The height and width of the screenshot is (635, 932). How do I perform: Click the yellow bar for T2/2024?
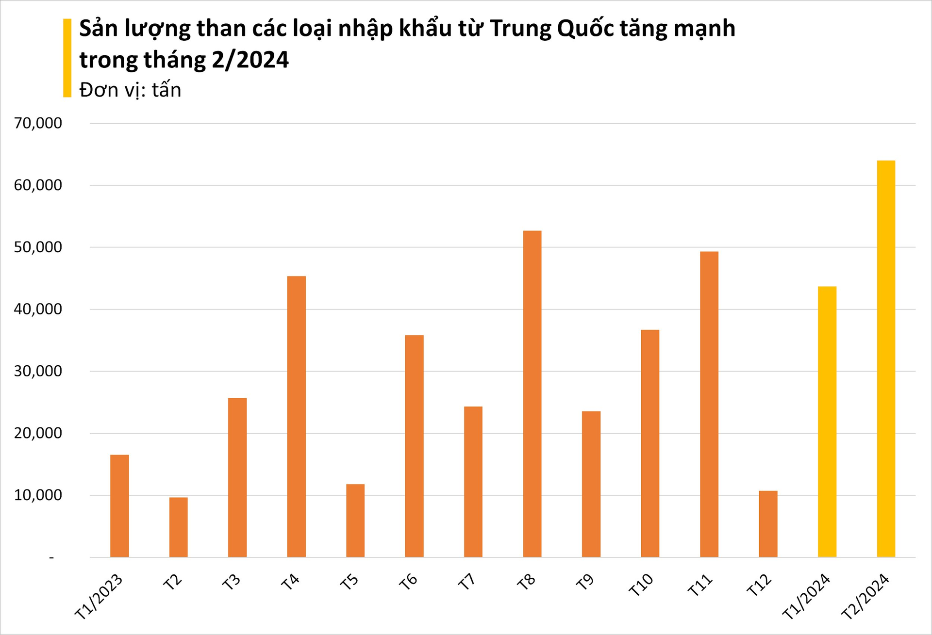[x=886, y=359]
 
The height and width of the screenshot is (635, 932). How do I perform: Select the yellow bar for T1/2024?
[x=827, y=422]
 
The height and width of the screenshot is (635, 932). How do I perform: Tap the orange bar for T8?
[x=532, y=393]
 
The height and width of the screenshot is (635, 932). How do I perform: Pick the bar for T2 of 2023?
[x=178, y=527]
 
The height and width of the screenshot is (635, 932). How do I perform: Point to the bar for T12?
[x=768, y=523]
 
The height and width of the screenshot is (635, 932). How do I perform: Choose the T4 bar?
[x=296, y=416]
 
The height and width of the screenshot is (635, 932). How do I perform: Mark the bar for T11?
[x=709, y=404]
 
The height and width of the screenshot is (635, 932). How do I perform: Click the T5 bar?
[x=355, y=520]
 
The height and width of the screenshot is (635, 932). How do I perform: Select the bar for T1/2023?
[x=119, y=505]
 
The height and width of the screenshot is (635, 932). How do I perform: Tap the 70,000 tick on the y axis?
[x=38, y=123]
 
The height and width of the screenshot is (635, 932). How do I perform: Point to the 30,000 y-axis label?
[x=38, y=371]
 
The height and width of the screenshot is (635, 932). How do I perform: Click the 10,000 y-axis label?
[x=38, y=495]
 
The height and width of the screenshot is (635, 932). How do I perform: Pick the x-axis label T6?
[x=408, y=582]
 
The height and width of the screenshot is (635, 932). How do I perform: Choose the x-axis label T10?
[x=641, y=585]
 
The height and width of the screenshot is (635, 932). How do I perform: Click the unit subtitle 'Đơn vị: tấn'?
[x=130, y=90]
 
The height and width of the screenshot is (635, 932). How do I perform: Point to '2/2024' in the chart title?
[x=250, y=60]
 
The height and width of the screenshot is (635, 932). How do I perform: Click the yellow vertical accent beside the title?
[x=67, y=58]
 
